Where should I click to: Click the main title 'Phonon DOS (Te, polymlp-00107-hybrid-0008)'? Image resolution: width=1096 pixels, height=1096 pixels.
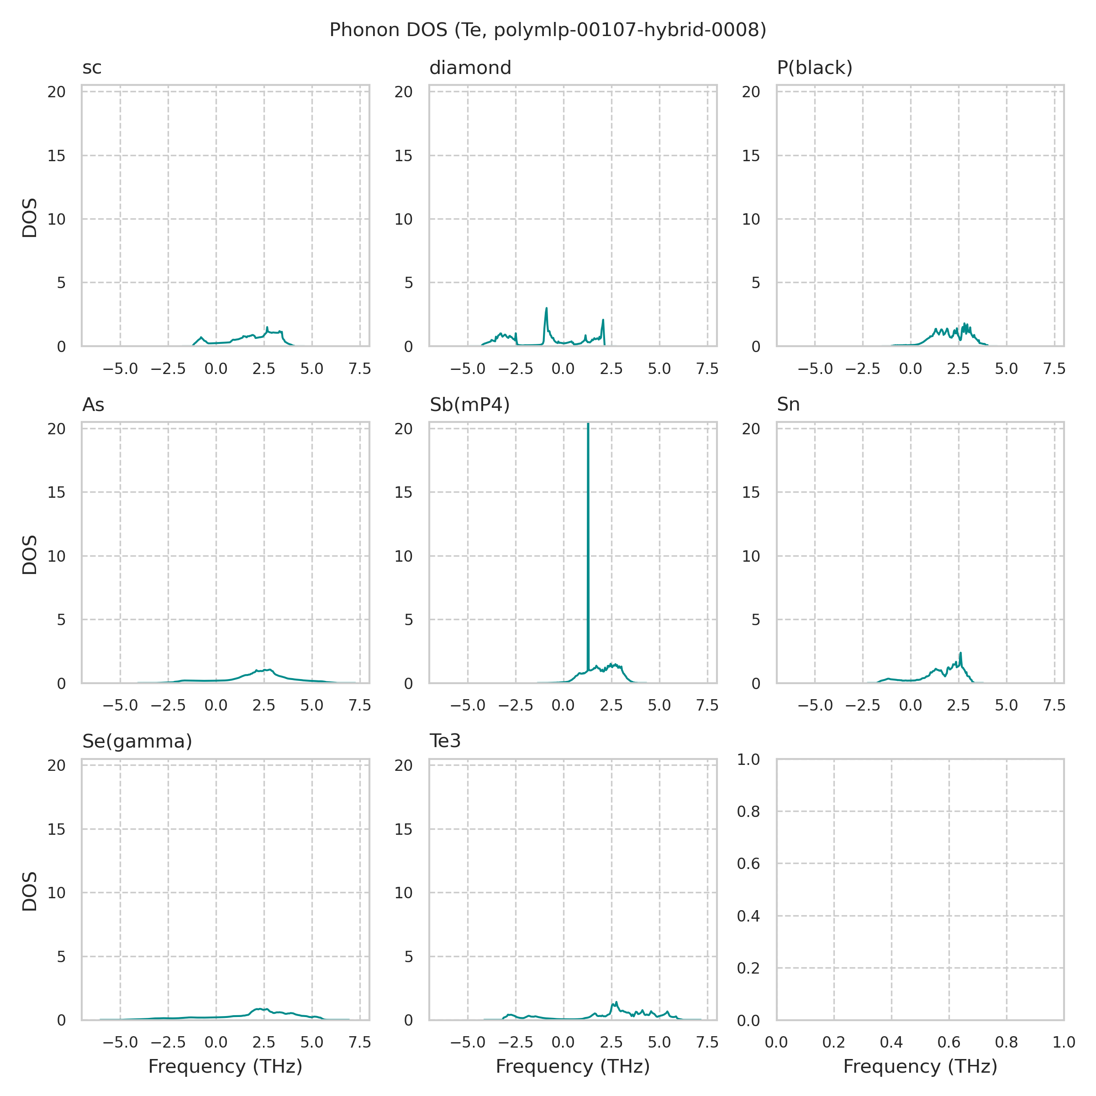[x=548, y=30]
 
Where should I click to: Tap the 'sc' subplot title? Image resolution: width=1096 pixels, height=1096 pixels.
[x=92, y=68]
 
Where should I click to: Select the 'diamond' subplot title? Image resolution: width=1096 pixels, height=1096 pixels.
[x=470, y=68]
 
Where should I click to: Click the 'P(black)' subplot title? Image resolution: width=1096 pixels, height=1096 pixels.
[x=815, y=68]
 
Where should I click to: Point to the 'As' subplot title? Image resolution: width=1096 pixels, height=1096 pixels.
[x=93, y=405]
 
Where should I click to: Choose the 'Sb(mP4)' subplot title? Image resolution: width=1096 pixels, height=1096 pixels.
[x=470, y=405]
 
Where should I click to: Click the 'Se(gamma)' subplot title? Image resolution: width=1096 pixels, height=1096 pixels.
[x=137, y=742]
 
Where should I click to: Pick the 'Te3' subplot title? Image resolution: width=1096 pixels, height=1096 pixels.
[x=445, y=742]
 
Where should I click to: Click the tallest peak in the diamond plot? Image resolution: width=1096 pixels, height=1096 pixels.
[x=546, y=309]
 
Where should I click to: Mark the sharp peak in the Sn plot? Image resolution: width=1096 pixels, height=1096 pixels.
[x=960, y=653]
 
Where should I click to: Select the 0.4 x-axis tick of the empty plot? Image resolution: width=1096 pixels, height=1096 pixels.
[x=891, y=1042]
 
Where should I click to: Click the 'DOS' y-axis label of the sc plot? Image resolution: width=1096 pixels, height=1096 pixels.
[x=30, y=218]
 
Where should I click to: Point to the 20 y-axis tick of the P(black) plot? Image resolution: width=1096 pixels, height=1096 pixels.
[x=751, y=92]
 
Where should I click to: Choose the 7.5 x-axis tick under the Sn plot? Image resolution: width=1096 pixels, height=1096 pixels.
[x=1054, y=706]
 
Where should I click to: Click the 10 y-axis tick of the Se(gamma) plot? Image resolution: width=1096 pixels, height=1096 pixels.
[x=57, y=893]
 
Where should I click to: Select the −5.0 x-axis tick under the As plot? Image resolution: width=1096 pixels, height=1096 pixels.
[x=120, y=706]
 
